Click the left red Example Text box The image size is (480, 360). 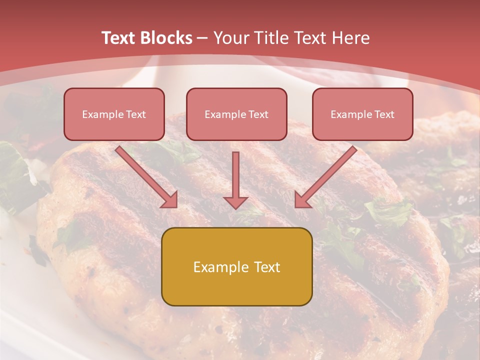coord(114,114)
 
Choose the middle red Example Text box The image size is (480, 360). coord(236,114)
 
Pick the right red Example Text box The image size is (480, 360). coord(362,114)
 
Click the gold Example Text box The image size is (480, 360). coord(236,266)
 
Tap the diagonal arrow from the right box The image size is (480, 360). coord(327,175)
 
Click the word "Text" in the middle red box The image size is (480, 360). coord(258,114)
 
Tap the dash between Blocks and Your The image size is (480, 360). coord(202,38)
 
